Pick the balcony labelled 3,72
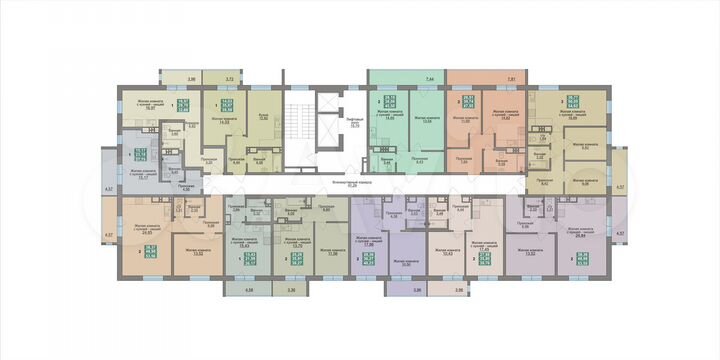coord(229,78)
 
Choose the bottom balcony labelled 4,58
coord(248,290)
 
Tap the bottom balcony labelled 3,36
coord(291,290)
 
